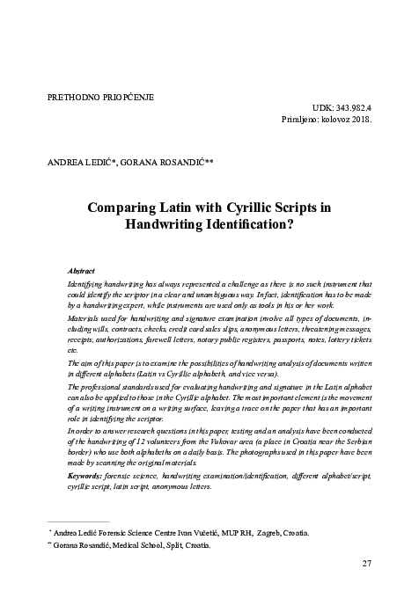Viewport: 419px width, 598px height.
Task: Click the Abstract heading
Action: click(x=81, y=273)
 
